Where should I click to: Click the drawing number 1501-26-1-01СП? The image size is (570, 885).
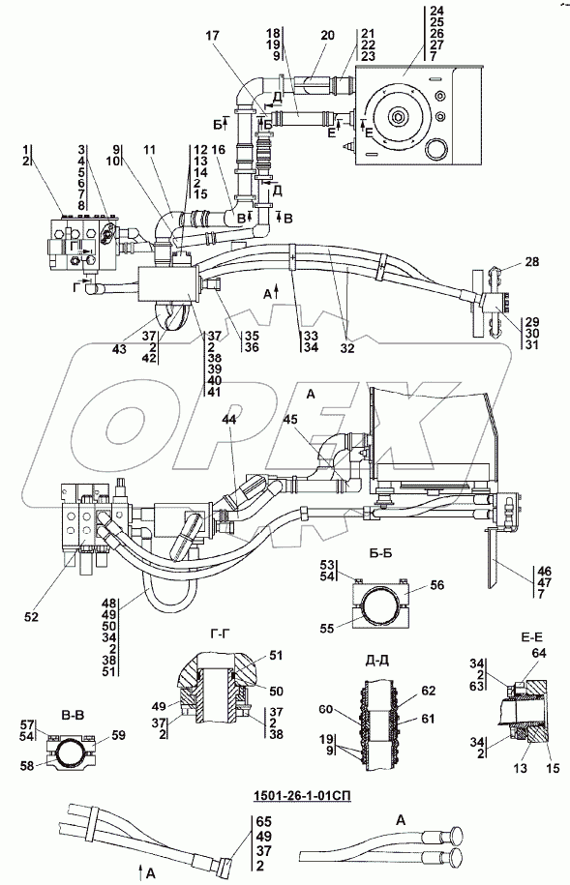(299, 796)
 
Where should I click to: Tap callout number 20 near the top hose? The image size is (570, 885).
(327, 35)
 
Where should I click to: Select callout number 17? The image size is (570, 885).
(212, 36)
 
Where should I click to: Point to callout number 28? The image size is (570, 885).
(531, 262)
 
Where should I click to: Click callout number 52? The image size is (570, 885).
(31, 617)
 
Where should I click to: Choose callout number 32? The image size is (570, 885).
(346, 349)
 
